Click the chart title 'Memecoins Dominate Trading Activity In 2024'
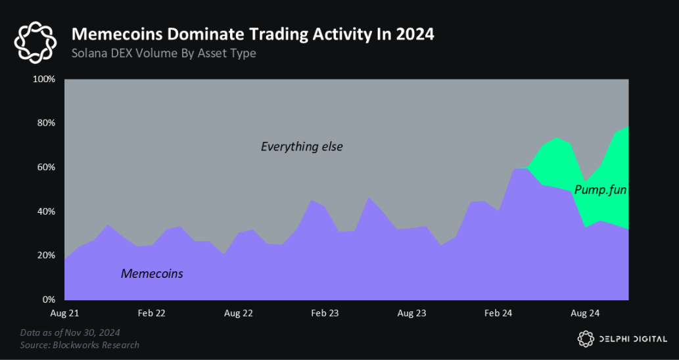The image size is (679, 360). (252, 34)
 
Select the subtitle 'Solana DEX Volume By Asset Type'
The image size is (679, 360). (163, 53)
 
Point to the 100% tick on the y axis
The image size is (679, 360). (43, 79)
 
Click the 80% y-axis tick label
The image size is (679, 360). (45, 124)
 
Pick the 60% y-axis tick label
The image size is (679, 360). (45, 168)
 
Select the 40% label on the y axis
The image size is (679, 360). (45, 212)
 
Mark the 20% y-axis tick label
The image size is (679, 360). (45, 256)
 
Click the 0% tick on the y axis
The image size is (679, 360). (48, 300)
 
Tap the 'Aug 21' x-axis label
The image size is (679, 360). (64, 313)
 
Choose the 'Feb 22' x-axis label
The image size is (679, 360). (151, 313)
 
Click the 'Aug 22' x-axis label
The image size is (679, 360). (238, 313)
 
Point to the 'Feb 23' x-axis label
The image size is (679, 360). (325, 313)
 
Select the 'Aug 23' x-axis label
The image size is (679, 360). (411, 313)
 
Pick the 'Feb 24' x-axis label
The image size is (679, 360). (498, 313)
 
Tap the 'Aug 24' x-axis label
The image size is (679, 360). (585, 313)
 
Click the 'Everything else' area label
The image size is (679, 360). (302, 146)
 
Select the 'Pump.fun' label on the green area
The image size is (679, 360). (600, 190)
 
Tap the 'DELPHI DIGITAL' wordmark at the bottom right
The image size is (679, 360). (634, 339)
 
